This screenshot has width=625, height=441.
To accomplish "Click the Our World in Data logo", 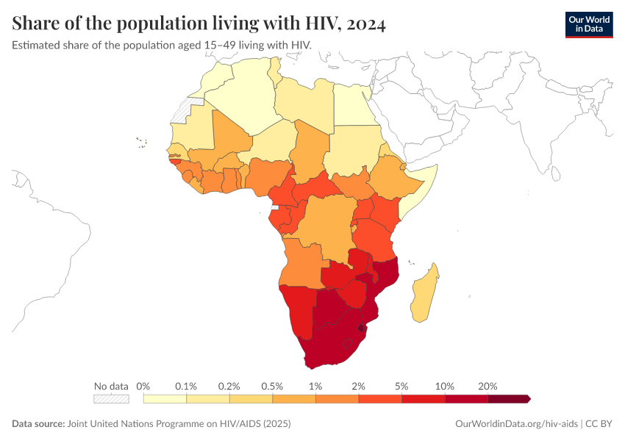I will [x=588, y=24].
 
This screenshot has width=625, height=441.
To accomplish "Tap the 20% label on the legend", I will [x=488, y=386].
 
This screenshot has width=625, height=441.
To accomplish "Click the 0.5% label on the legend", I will [x=273, y=386].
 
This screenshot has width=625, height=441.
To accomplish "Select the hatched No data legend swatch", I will [x=111, y=398].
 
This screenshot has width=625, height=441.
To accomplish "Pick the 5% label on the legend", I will [x=402, y=386].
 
